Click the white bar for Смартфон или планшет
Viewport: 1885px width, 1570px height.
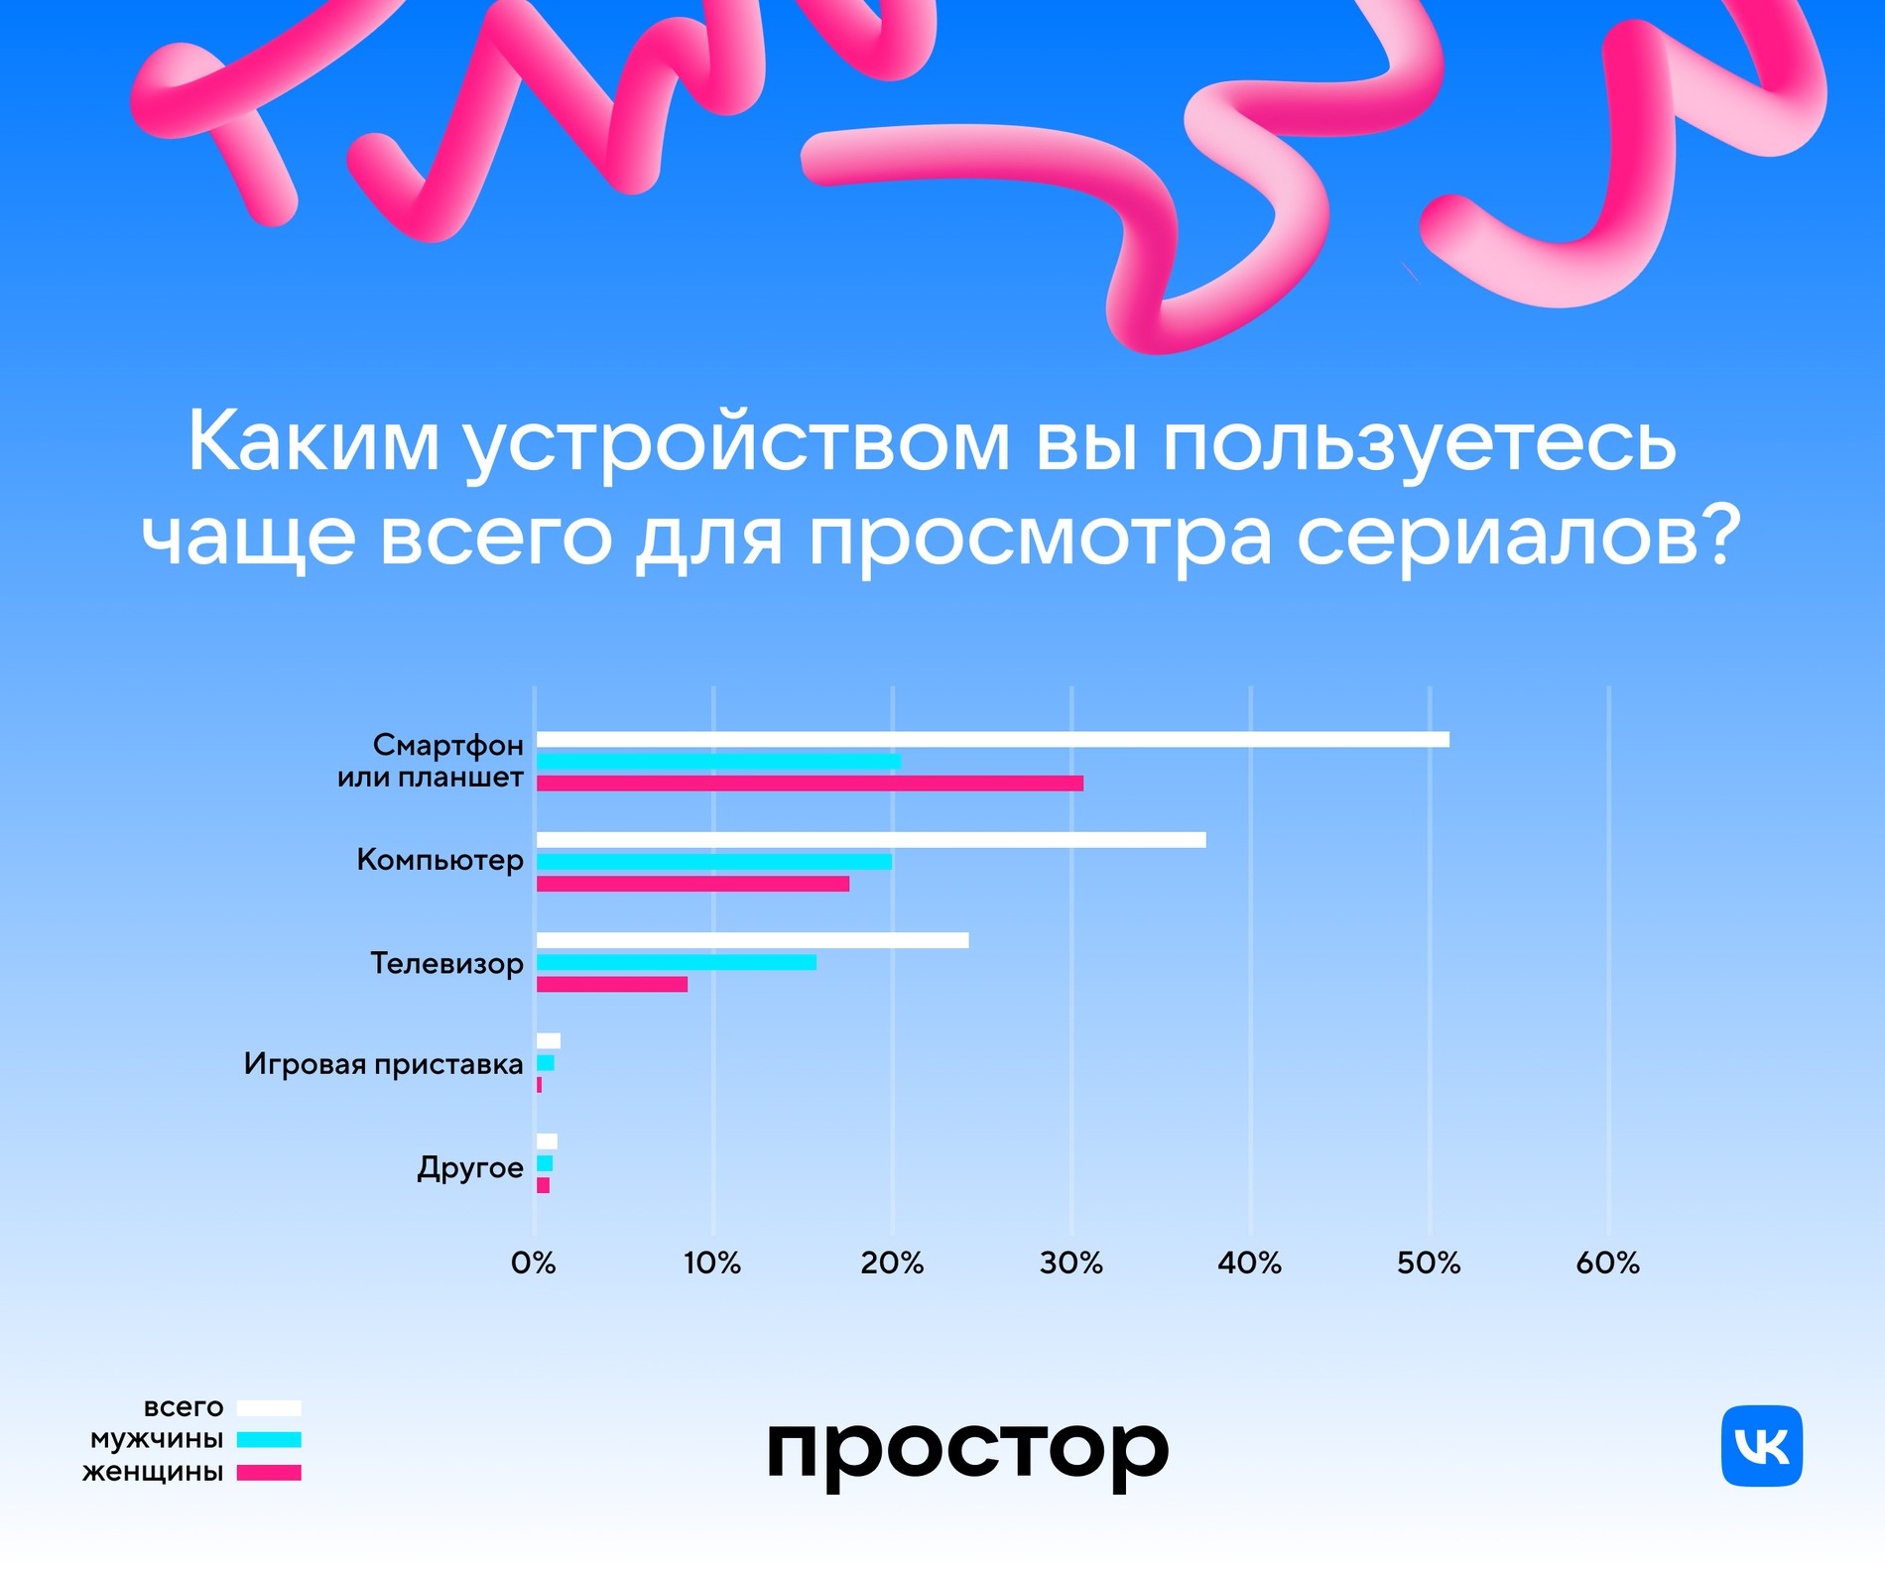[992, 739]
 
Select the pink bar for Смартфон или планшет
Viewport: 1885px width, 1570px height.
[810, 784]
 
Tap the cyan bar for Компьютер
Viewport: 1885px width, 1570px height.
[714, 861]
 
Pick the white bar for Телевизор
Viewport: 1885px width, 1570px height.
[752, 940]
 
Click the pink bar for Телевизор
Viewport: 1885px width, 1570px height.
[612, 984]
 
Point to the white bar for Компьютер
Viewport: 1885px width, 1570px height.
[871, 840]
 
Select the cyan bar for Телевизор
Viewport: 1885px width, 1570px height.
[677, 962]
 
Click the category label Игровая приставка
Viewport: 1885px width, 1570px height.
[383, 1064]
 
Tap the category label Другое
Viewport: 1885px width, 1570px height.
[469, 1167]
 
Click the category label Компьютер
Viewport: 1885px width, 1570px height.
[440, 860]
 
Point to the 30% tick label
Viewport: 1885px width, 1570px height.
[1070, 1264]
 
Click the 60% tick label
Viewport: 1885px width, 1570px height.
[1607, 1264]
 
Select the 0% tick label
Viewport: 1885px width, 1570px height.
[534, 1264]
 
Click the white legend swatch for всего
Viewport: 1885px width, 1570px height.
[269, 1408]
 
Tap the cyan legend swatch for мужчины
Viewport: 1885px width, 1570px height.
[269, 1440]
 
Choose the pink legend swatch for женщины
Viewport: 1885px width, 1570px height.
[269, 1473]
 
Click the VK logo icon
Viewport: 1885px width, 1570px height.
[1761, 1446]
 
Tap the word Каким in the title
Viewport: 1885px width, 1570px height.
[313, 441]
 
